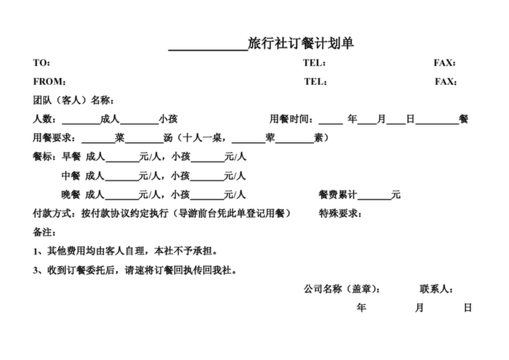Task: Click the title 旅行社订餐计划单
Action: tap(300, 44)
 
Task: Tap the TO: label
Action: tap(42, 63)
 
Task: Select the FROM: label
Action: tap(50, 81)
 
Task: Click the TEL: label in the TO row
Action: tap(315, 63)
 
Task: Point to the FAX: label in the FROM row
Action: tap(446, 81)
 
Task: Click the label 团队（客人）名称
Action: tap(74, 100)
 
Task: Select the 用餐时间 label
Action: tap(291, 119)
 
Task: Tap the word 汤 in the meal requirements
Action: tap(168, 138)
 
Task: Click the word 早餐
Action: tap(71, 156)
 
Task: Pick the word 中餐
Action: tap(71, 175)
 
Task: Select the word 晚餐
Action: tap(71, 194)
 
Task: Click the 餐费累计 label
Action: tap(338, 194)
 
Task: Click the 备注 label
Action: tap(44, 232)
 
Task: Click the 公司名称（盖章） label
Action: tap(342, 289)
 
